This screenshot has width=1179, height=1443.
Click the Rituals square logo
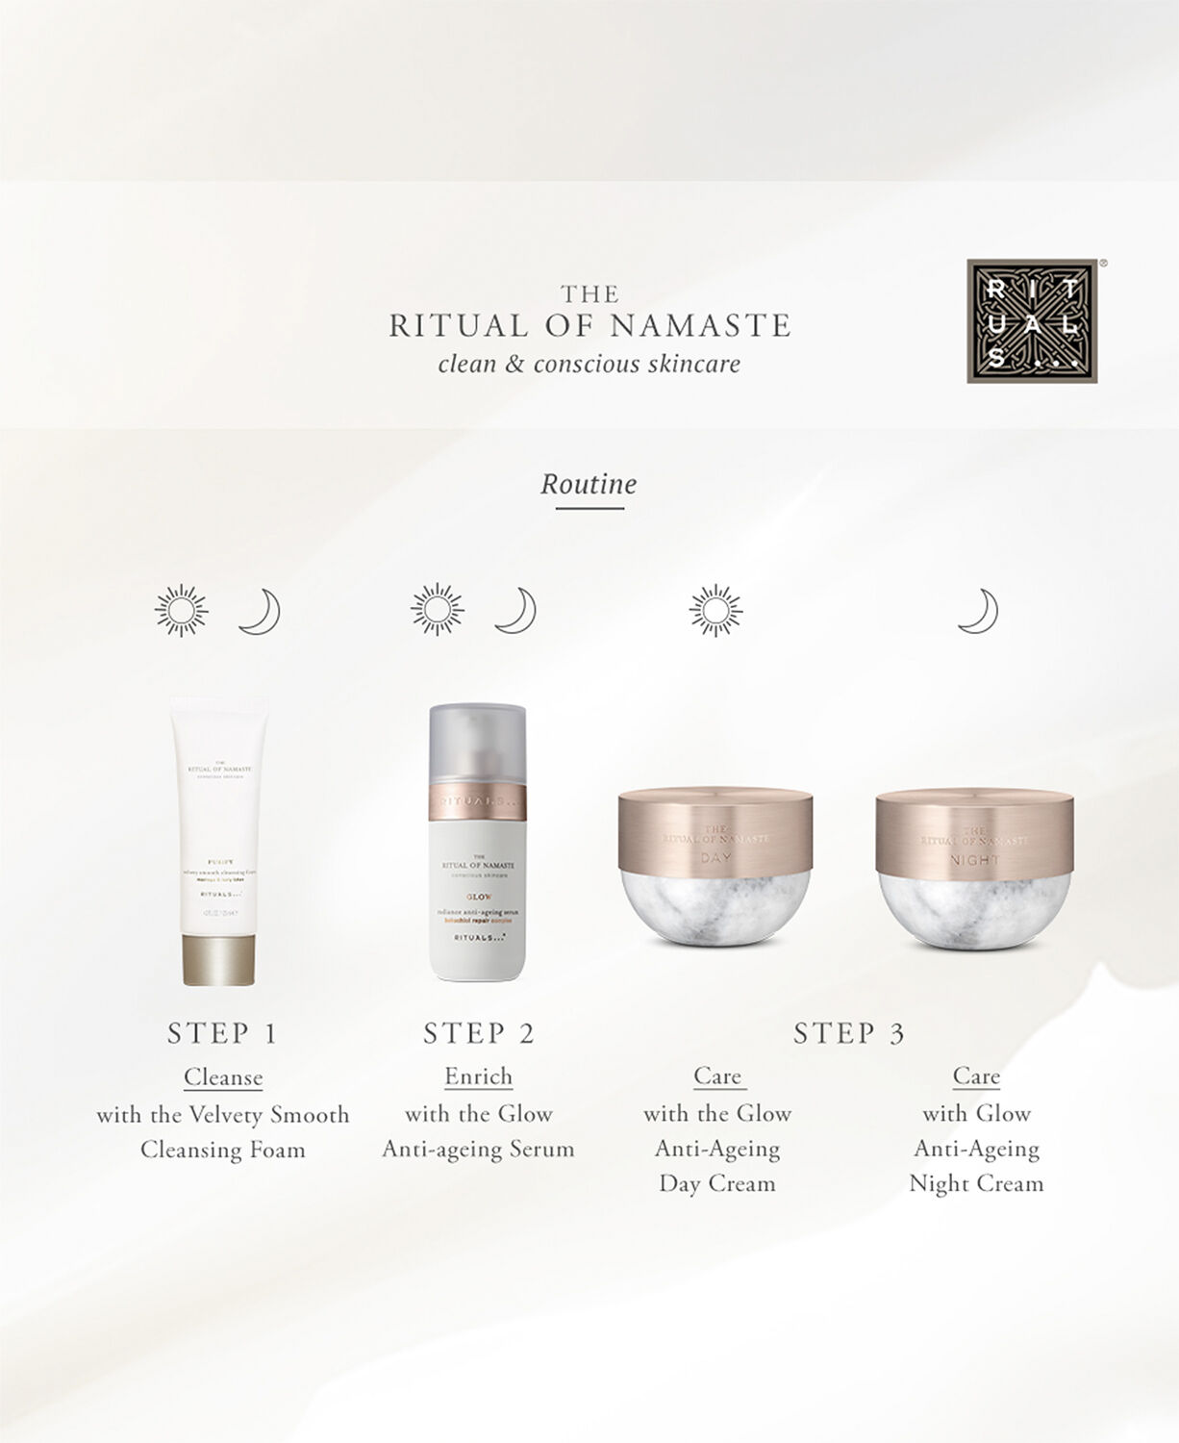click(x=1032, y=320)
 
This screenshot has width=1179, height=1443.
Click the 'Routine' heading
click(x=589, y=483)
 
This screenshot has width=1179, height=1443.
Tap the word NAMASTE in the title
click(x=700, y=326)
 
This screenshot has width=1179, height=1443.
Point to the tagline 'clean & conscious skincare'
click(x=589, y=364)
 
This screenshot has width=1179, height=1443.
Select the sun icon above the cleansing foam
click(x=182, y=610)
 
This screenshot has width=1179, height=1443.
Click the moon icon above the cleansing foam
click(x=260, y=612)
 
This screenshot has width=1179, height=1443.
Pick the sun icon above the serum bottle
click(x=438, y=610)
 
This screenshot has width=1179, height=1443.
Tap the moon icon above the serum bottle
click(x=515, y=610)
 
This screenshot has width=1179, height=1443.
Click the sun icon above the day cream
click(x=716, y=610)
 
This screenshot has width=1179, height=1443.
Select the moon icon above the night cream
click(x=978, y=612)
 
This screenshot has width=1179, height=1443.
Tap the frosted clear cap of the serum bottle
click(x=478, y=746)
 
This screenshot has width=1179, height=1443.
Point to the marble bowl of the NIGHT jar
click(x=974, y=909)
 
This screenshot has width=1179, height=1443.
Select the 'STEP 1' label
click(x=222, y=1033)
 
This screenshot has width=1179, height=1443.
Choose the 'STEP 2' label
click(x=479, y=1033)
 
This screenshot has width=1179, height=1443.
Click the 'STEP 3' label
click(x=848, y=1033)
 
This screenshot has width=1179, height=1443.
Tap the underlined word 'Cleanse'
click(x=223, y=1076)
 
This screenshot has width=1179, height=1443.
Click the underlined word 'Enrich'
click(x=478, y=1076)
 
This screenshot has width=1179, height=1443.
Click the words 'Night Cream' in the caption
click(x=976, y=1183)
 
